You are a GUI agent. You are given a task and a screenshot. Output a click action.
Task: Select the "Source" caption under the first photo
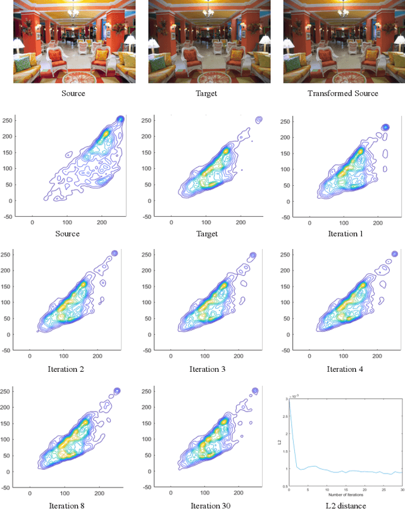click(73, 94)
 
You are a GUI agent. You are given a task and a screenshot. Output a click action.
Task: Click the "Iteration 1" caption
click(344, 234)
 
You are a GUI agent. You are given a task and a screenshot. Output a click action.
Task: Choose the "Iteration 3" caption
click(205, 369)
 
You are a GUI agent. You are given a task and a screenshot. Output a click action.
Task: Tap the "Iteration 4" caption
click(344, 369)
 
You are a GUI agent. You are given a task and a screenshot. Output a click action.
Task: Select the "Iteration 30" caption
click(205, 505)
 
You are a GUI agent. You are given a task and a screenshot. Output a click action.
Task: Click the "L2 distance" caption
click(344, 505)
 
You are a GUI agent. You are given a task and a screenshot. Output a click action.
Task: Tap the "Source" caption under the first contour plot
click(68, 234)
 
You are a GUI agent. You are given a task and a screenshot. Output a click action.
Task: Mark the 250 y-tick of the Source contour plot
click(6, 120)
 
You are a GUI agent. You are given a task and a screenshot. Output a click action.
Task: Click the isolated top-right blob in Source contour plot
click(120, 120)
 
